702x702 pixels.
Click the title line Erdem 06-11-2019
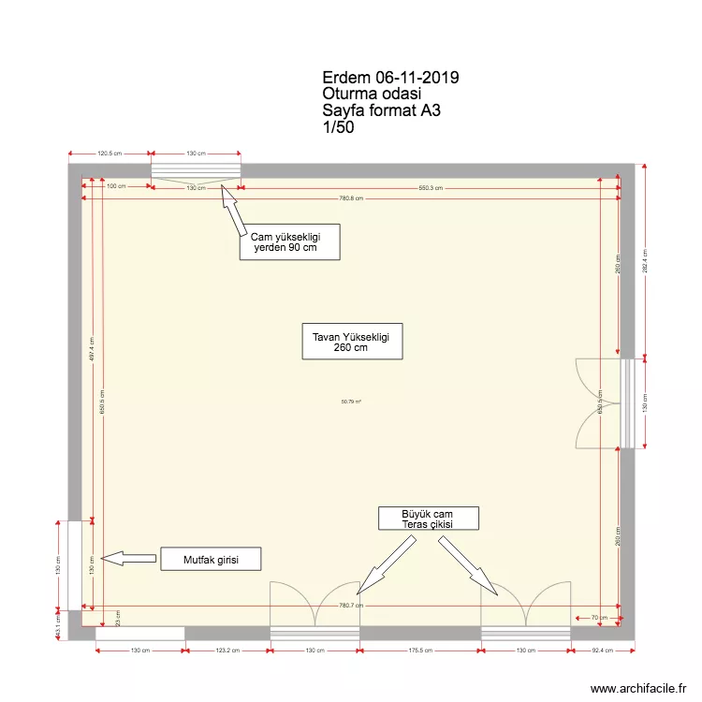[389, 78]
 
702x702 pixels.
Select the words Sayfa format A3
[381, 110]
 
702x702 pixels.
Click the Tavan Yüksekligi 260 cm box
[351, 342]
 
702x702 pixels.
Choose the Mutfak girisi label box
[210, 560]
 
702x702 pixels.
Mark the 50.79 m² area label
[351, 402]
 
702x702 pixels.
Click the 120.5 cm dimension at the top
[110, 154]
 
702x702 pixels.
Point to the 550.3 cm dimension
[430, 188]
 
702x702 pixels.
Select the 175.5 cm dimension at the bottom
[420, 650]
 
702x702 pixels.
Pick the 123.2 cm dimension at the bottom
[227, 650]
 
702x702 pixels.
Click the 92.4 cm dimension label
[603, 650]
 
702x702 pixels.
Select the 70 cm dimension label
[599, 618]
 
